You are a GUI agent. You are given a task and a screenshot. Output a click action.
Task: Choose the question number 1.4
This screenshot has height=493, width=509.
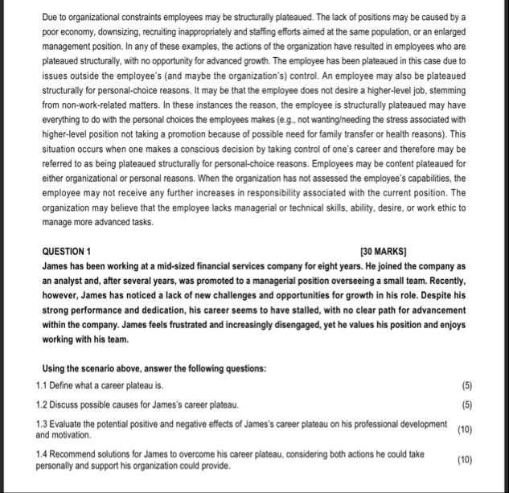point(44,454)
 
